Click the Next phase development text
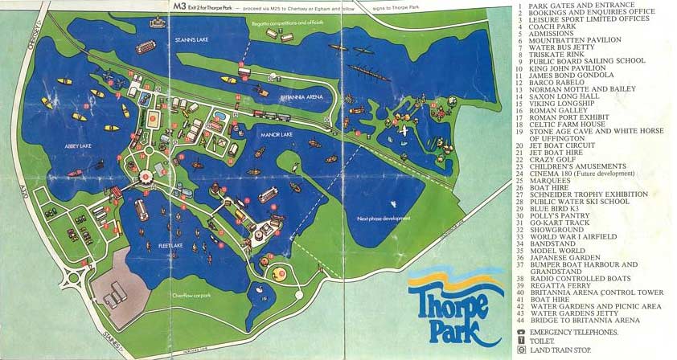pyautogui.click(x=380, y=218)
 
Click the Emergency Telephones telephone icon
pyautogui.click(x=521, y=332)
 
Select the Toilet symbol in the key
pyautogui.click(x=521, y=340)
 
